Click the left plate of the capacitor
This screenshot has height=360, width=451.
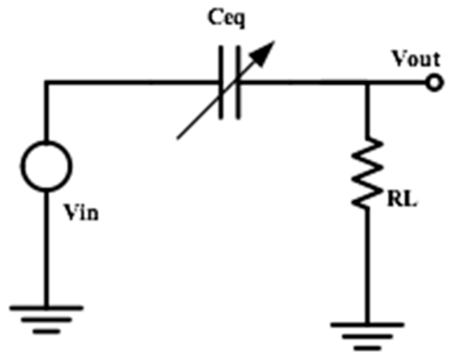click(x=221, y=81)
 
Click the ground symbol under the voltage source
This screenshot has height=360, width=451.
click(x=46, y=318)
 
